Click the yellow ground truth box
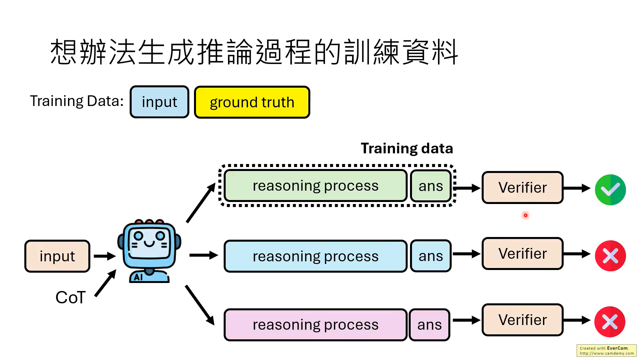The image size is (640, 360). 252,102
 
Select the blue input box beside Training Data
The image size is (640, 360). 159,102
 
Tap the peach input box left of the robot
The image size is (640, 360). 57,256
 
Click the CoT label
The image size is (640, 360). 70,297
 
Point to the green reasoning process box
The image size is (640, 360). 315,186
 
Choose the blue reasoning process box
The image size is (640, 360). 315,256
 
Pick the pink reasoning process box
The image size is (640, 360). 315,325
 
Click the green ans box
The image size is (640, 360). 431,186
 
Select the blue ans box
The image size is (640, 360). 431,256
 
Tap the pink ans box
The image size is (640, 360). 429,325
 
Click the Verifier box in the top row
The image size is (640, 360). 522,187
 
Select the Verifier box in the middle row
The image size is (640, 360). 522,253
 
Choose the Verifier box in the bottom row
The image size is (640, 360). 522,320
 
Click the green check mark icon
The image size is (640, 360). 610,190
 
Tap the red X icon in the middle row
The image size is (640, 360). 610,256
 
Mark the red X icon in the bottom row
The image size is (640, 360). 610,322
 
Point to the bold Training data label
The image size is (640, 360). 407,148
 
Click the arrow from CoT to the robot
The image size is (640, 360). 105,283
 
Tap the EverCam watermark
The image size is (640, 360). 606,350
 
